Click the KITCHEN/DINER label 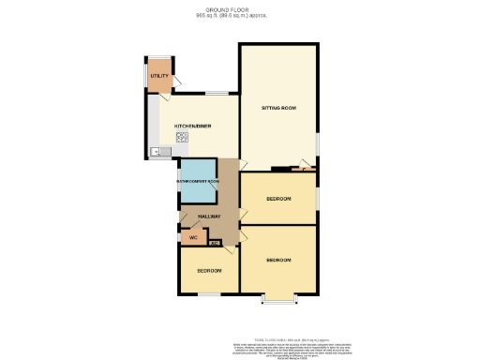192,125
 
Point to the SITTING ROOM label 278,109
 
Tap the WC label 193,237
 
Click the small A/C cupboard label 215,243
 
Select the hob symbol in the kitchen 182,138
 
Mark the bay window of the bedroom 278,300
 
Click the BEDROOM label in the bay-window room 279,259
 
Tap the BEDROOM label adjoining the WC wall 209,270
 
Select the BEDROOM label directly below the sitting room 278,199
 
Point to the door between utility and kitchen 167,94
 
